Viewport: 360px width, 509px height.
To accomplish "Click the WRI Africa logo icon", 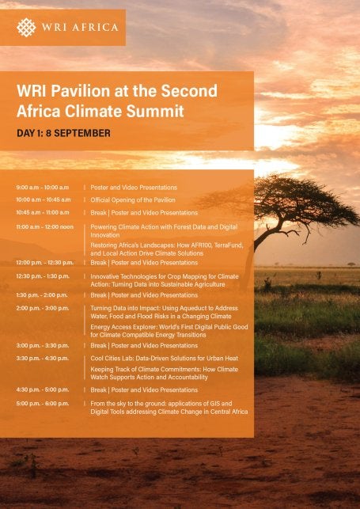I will coord(25,28).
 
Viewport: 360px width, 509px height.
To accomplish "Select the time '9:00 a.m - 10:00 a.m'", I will coord(43,188).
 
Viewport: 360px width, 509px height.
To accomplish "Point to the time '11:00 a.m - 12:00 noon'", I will coord(44,226).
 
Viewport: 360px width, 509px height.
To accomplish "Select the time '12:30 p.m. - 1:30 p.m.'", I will coord(43,275).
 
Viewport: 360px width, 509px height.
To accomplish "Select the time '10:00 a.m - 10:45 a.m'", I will coord(43,200).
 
